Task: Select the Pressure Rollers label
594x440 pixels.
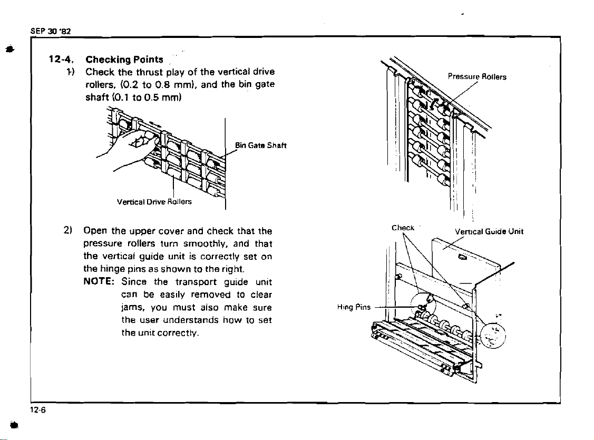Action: [477, 77]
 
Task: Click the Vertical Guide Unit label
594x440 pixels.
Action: [490, 230]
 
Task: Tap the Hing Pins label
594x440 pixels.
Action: [357, 307]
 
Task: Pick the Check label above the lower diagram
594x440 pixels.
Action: [403, 228]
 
